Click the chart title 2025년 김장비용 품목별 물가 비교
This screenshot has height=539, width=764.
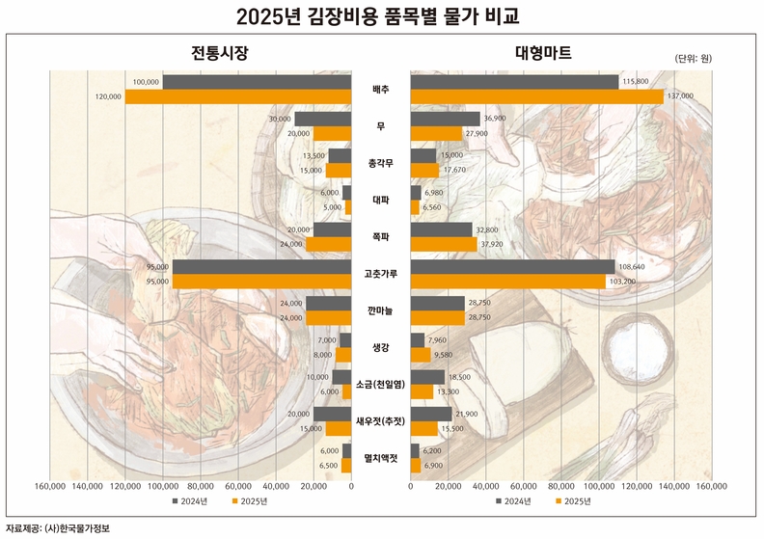tap(382, 16)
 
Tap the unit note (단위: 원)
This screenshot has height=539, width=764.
tap(693, 58)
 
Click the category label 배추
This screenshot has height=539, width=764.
tap(381, 90)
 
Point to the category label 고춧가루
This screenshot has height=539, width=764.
tap(381, 274)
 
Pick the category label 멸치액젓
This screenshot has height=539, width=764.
tap(381, 458)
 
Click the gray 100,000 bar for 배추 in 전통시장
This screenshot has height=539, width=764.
tap(258, 82)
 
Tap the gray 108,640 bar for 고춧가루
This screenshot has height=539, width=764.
tap(512, 267)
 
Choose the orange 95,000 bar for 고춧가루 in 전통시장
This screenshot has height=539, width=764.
tap(262, 282)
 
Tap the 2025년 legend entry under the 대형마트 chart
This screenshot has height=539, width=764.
tap(571, 501)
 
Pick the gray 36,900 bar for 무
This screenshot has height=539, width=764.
tap(446, 119)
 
